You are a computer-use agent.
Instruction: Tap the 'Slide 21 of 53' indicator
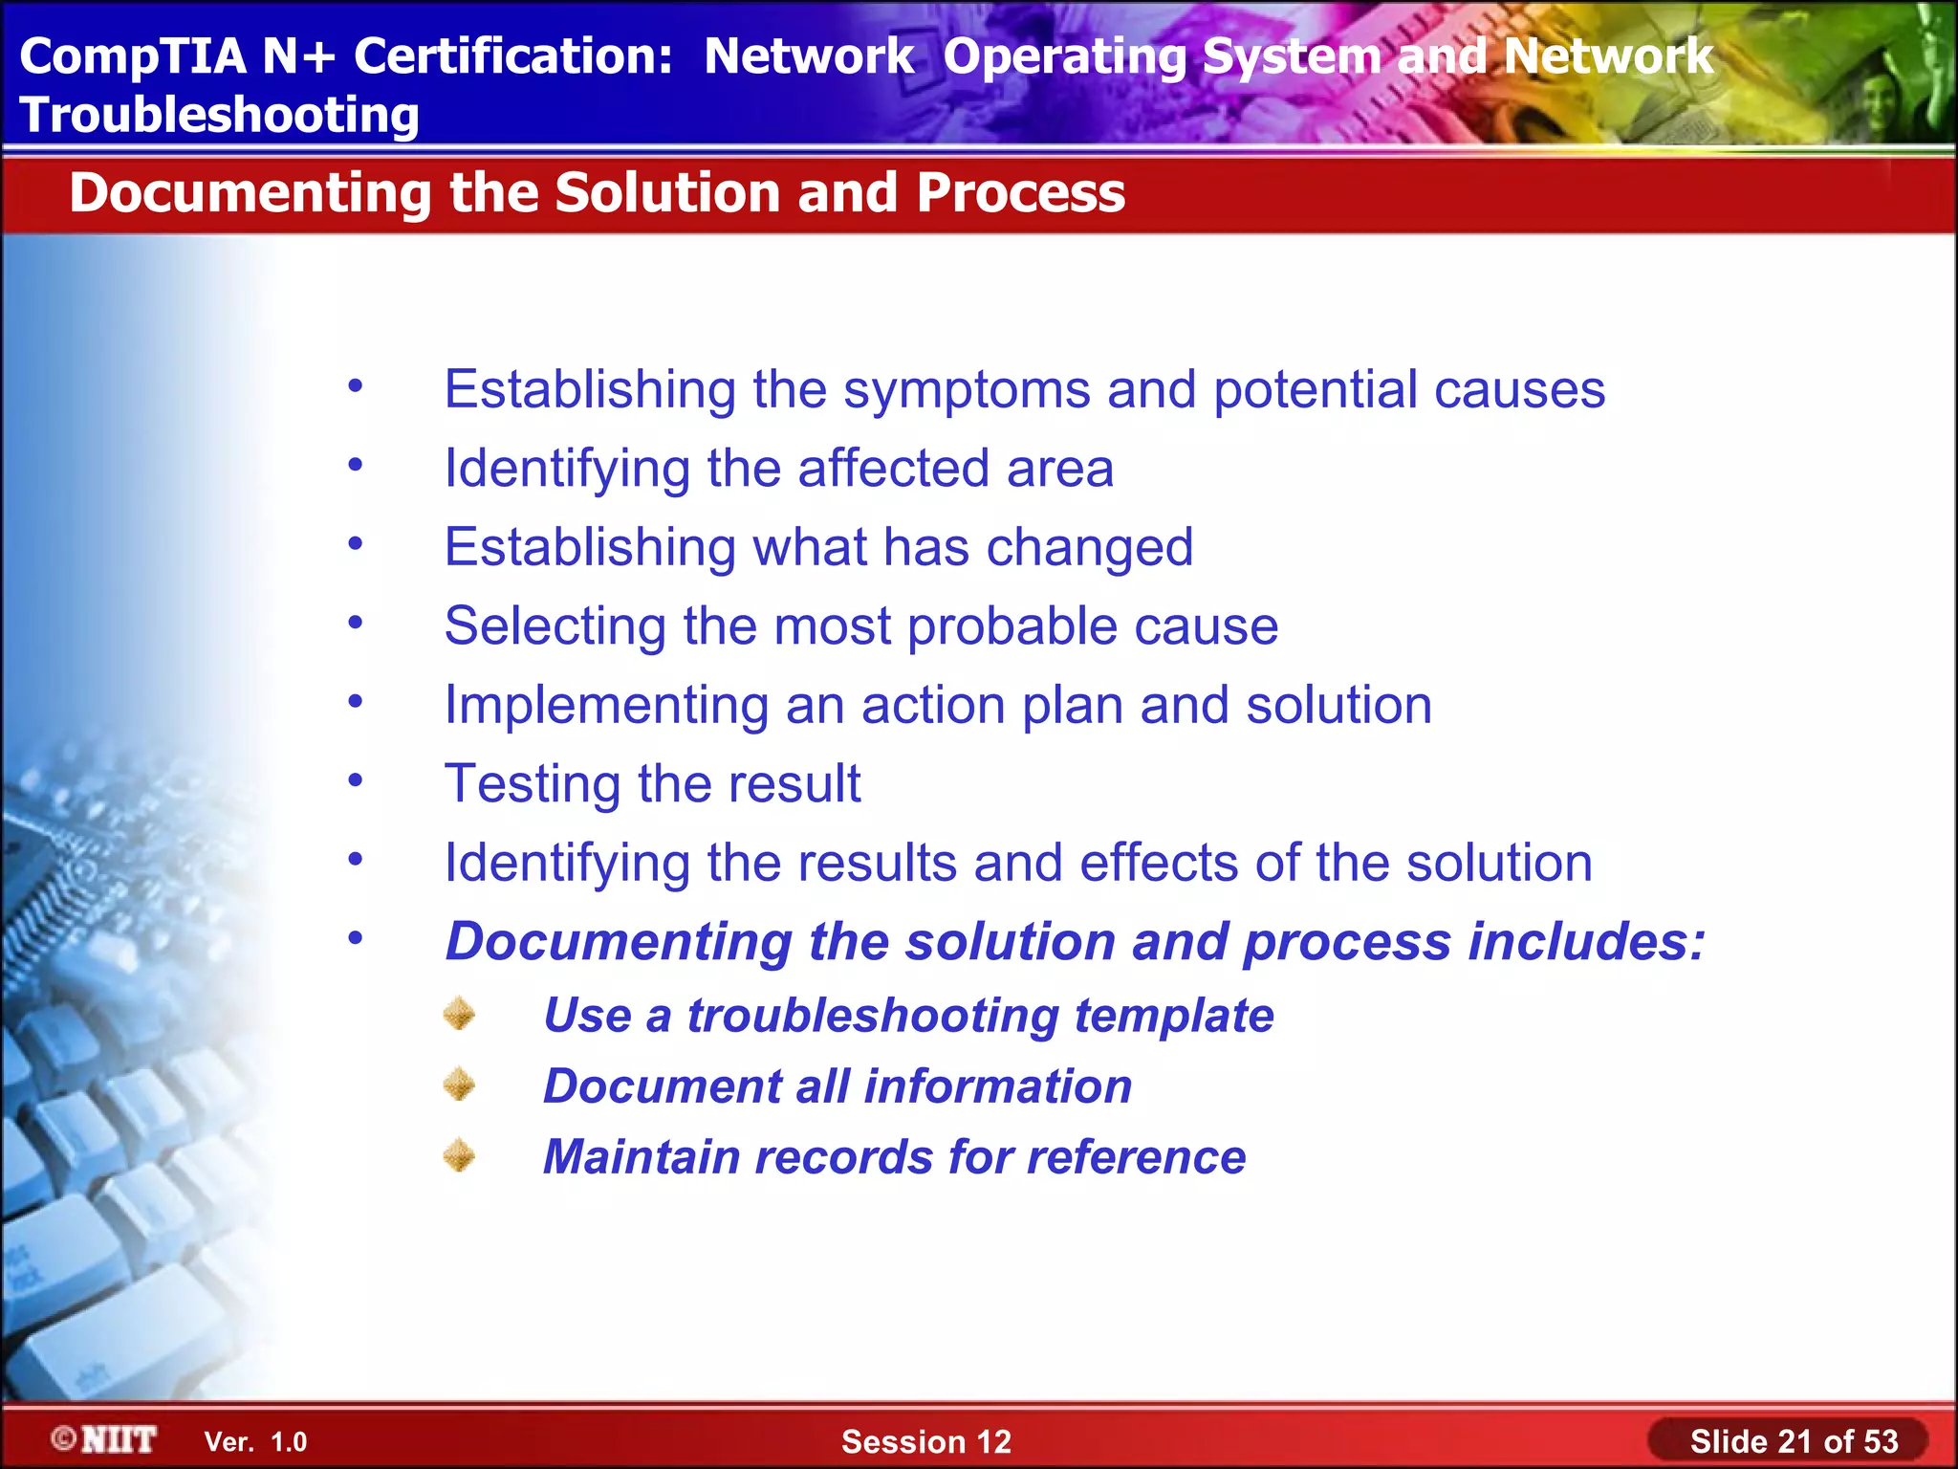[1794, 1441]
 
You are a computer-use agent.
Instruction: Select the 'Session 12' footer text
[925, 1441]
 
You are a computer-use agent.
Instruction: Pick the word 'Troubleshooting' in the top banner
[219, 115]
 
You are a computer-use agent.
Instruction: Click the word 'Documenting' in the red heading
[250, 193]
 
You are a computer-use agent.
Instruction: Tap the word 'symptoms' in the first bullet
[967, 390]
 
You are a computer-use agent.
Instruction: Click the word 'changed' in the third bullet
[1089, 548]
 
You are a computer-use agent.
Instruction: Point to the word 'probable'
[1012, 626]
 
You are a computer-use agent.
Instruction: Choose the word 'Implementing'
[606, 706]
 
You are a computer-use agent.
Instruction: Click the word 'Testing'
[533, 784]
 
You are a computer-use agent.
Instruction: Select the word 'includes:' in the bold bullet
[1586, 942]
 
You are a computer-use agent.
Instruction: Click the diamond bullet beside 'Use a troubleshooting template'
[460, 1014]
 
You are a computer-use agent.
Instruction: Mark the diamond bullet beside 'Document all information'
[460, 1085]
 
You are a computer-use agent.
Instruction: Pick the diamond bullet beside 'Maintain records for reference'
[460, 1155]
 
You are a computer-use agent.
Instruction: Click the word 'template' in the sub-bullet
[1173, 1016]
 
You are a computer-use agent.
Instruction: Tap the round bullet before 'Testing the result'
[356, 780]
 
